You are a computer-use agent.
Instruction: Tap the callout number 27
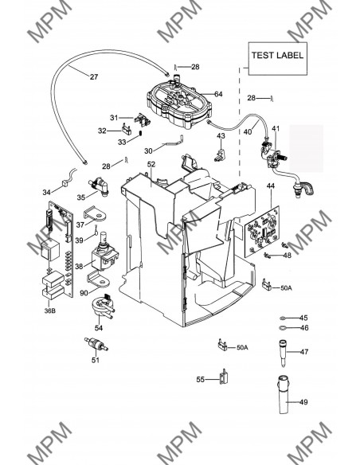[x=94, y=76]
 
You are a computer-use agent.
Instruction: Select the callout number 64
[x=218, y=94]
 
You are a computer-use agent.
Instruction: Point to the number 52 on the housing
[x=151, y=164]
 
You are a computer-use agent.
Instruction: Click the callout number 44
[x=271, y=186]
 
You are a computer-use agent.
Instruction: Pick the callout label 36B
[x=49, y=311]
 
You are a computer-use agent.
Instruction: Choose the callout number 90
[x=84, y=293]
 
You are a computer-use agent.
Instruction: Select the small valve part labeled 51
[x=96, y=344]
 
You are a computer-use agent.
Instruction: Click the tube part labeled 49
[x=284, y=394]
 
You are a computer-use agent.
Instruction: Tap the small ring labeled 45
[x=283, y=318]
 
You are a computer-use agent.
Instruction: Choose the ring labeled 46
[x=283, y=328]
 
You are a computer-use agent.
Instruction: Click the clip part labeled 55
[x=224, y=377]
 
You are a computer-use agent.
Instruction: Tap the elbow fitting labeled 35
[x=99, y=186]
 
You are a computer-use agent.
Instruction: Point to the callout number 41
[x=276, y=129]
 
